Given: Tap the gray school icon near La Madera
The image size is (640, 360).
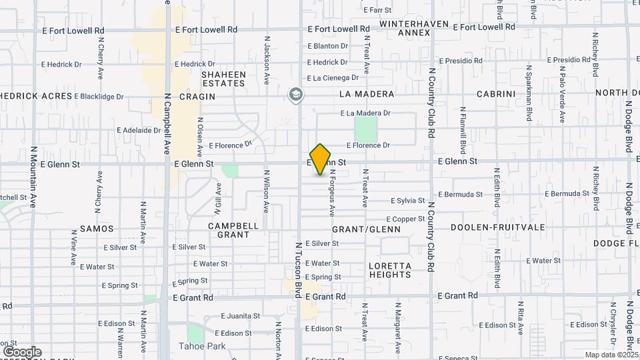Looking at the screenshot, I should (x=295, y=95).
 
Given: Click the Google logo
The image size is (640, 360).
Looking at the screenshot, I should (x=22, y=351).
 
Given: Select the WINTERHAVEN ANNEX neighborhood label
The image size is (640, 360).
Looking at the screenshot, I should (x=406, y=27).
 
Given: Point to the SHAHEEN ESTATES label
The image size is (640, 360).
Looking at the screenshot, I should (x=223, y=79).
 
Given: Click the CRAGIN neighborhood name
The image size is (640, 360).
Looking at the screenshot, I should (x=197, y=97).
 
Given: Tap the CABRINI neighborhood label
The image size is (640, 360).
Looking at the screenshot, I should (x=496, y=94).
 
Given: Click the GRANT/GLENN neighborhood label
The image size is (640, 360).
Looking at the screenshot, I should (x=366, y=229).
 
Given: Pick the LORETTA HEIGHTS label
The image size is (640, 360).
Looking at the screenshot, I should (x=389, y=270).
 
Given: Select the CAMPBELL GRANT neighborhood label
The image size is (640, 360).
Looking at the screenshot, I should (x=233, y=230).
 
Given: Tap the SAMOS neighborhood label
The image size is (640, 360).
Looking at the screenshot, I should (x=97, y=229).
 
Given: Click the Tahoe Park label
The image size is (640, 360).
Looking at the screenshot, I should (x=202, y=346).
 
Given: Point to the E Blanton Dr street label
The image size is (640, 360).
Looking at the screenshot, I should (x=327, y=46).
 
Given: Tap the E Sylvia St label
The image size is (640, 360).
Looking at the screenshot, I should (x=407, y=201).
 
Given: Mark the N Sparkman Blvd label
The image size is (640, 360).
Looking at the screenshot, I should (x=529, y=93).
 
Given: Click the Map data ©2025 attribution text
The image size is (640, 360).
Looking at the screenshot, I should (x=611, y=354).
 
